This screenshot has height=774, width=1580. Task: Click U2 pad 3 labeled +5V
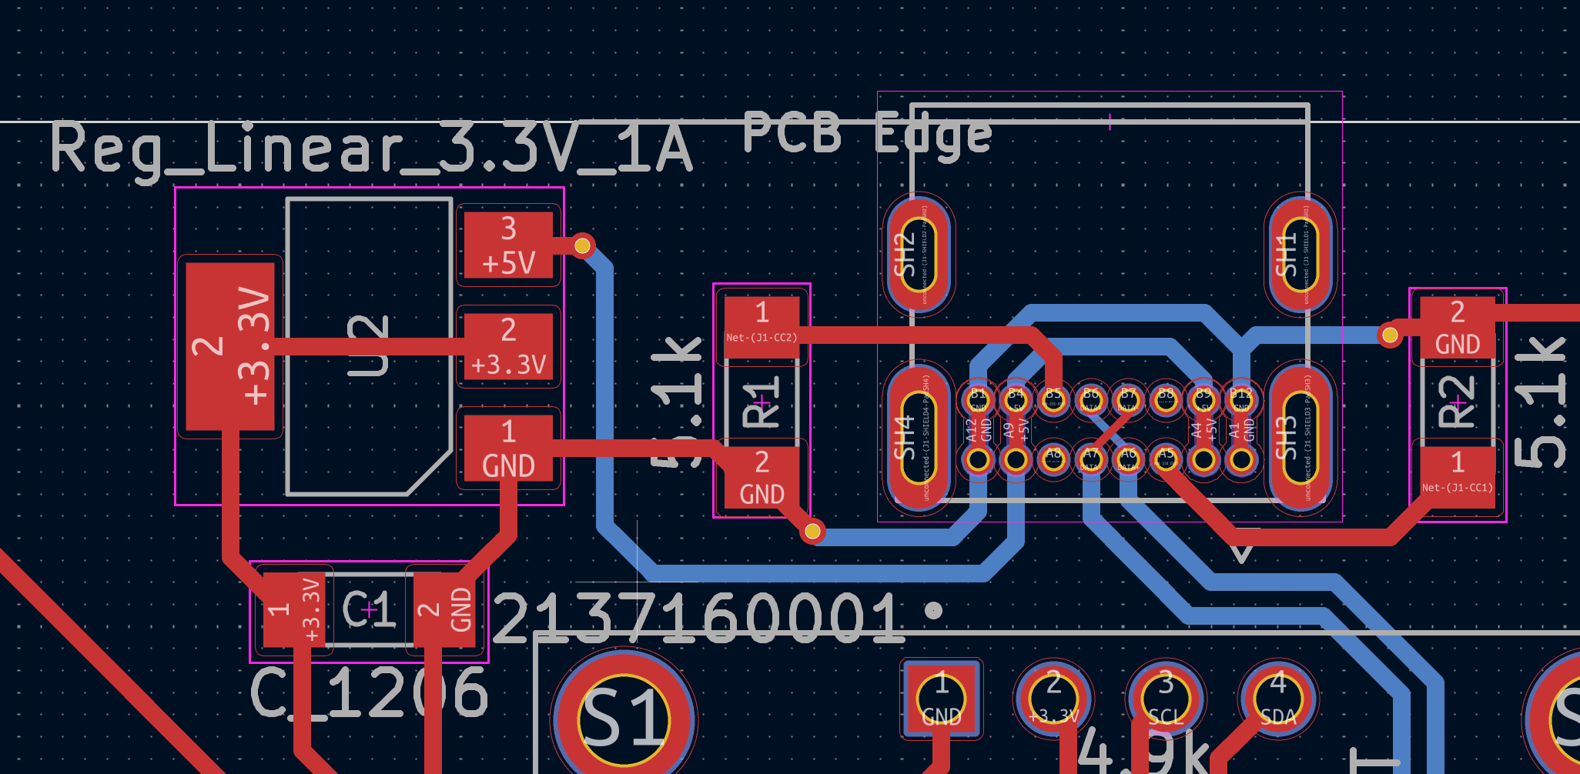coord(508,245)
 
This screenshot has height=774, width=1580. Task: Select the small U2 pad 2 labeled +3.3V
coord(508,346)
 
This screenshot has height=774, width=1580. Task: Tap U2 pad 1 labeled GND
coord(508,448)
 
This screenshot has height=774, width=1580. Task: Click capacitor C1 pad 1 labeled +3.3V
coord(293,609)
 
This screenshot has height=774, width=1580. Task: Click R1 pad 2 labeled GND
coord(762,478)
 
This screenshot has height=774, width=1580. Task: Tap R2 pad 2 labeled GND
coord(1457,327)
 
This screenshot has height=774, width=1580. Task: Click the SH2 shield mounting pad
coord(917,254)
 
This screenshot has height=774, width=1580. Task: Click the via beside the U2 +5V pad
coord(583,245)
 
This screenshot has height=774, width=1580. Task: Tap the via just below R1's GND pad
coord(812,531)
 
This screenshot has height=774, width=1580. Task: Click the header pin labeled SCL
coord(1166,699)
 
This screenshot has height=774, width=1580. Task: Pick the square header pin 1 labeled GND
coord(942,699)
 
